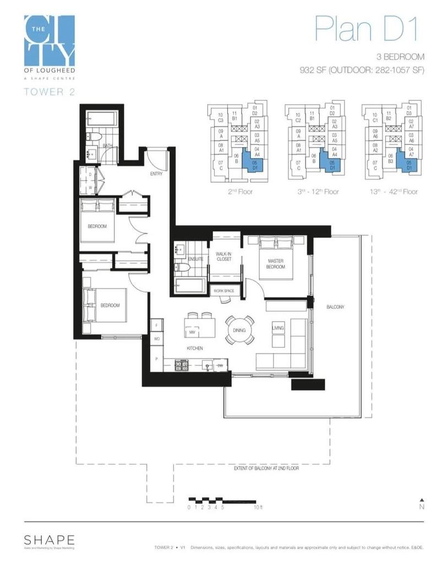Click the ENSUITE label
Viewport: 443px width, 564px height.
point(196,258)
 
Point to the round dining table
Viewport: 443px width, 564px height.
point(240,330)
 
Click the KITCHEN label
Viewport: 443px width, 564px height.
point(194,348)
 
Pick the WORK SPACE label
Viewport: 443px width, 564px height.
point(224,290)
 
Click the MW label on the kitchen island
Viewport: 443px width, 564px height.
point(193,333)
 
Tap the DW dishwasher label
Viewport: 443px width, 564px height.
point(220,365)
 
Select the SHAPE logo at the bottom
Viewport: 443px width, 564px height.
point(49,540)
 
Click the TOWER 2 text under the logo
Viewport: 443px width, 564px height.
point(50,92)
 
